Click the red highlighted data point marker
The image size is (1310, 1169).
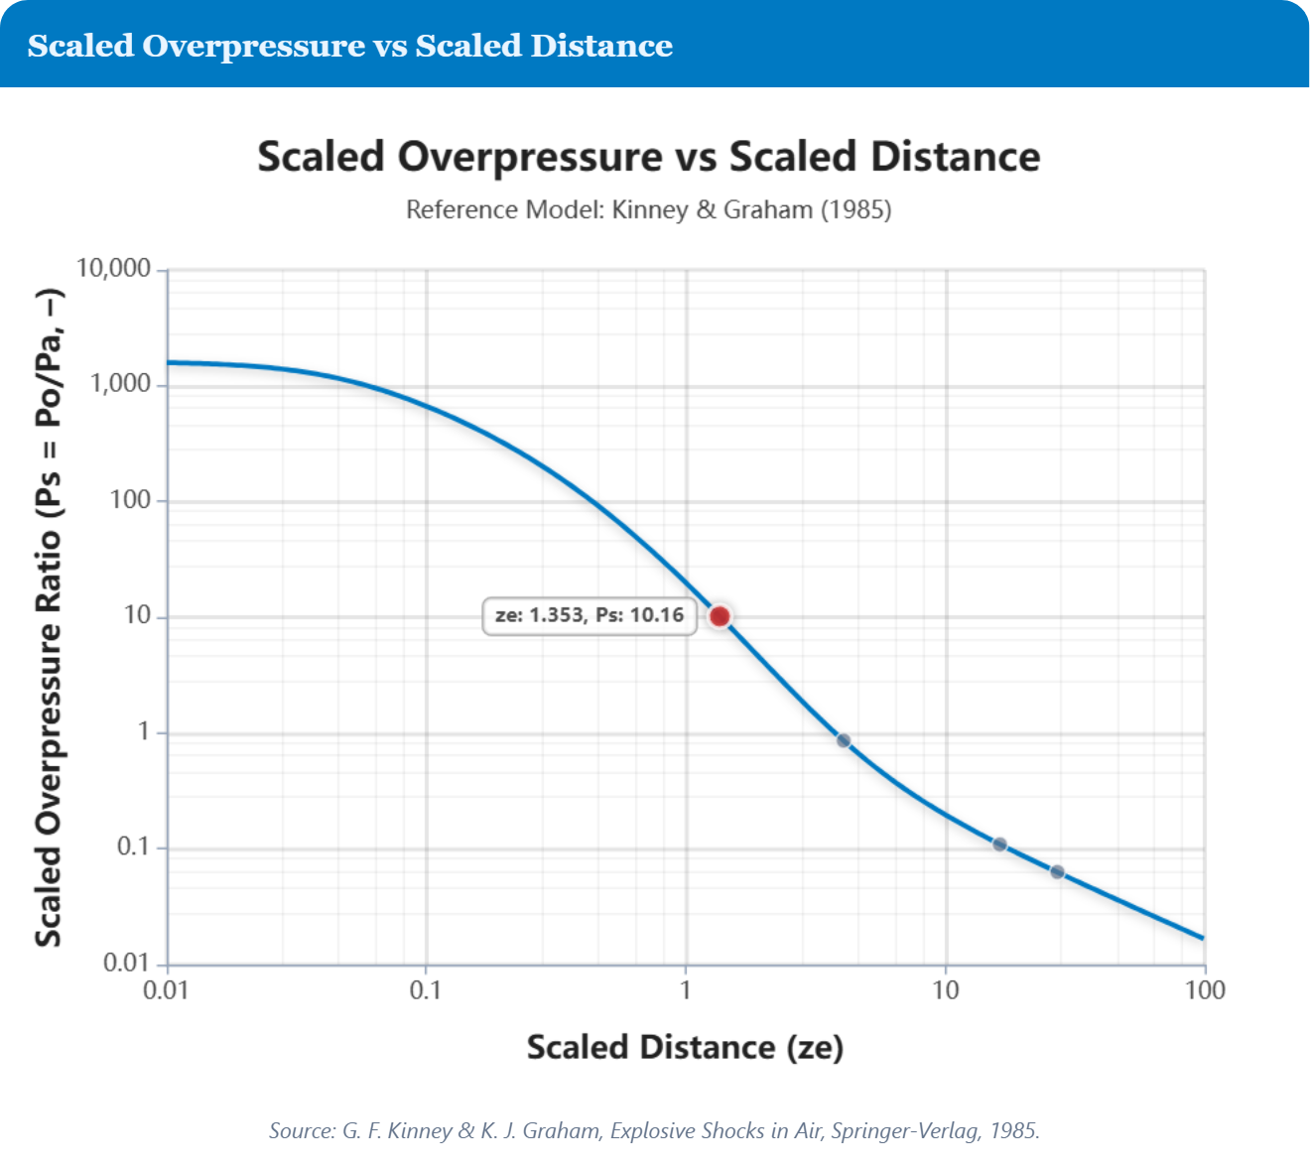[720, 616]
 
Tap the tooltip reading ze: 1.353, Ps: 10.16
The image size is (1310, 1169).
[589, 615]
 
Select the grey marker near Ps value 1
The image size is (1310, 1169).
[844, 740]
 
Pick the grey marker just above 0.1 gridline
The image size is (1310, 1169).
[999, 844]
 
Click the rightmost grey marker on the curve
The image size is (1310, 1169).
[1057, 872]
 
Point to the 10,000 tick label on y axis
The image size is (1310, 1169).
[114, 268]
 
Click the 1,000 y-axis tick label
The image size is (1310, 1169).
[121, 384]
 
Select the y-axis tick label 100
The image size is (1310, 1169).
[130, 500]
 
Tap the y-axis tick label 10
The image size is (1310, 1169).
[137, 615]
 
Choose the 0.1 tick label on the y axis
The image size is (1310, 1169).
[134, 847]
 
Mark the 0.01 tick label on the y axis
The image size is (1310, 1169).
[127, 963]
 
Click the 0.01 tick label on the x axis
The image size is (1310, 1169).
[166, 990]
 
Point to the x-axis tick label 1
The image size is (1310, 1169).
[685, 990]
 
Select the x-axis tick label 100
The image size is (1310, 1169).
[1205, 990]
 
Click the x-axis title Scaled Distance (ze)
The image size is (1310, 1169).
[685, 1047]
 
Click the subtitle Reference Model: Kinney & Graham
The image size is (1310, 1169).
[649, 209]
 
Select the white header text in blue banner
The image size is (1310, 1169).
[350, 46]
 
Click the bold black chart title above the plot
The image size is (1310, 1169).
[649, 157]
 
